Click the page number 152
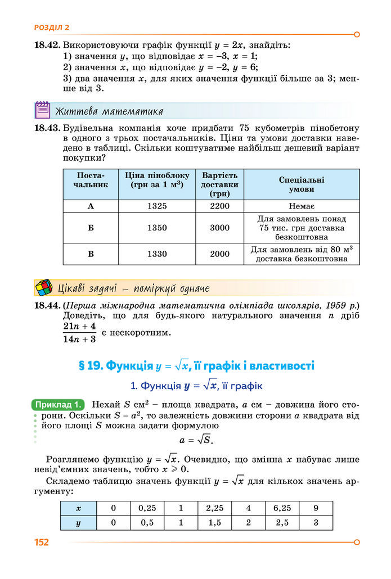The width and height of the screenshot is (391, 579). tap(42, 542)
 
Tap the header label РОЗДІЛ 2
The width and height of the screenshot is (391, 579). tap(52, 27)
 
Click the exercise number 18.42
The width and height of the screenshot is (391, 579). tap(47, 45)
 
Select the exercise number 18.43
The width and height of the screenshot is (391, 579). tap(47, 128)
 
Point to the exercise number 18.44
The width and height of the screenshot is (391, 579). tap(47, 306)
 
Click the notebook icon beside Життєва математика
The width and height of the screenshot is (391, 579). tap(43, 110)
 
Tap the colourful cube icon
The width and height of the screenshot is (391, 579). tap(43, 288)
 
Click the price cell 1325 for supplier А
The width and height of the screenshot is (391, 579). tap(157, 206)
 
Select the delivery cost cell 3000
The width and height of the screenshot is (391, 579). tap(219, 228)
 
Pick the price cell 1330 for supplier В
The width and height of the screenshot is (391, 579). tap(157, 254)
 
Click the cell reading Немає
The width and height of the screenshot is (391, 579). tap(302, 206)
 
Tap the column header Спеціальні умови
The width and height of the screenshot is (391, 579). tap(302, 184)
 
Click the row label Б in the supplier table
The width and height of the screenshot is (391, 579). tap(91, 228)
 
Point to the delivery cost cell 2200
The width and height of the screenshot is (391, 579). tap(219, 206)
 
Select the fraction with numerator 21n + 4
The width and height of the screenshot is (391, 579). tap(80, 332)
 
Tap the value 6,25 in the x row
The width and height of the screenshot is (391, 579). tap(282, 508)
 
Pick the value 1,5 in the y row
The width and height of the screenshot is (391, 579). tap(214, 522)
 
